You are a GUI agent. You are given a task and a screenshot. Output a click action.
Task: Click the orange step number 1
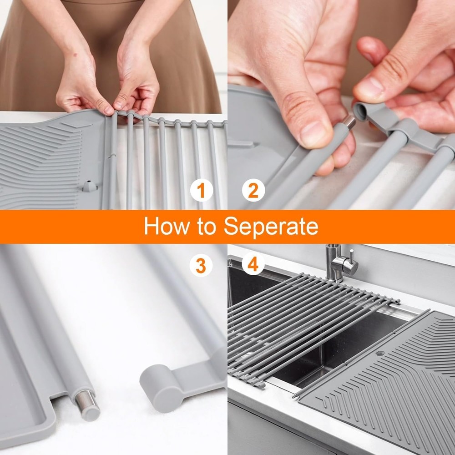click(x=202, y=191)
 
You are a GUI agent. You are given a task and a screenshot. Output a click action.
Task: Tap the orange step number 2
click(x=253, y=191)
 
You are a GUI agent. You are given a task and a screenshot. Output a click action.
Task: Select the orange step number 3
click(x=201, y=266)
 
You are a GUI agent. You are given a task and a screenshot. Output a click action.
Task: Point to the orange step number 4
click(x=253, y=264)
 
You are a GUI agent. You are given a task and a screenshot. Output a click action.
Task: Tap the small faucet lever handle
click(x=352, y=255)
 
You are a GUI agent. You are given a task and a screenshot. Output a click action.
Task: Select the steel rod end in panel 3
click(x=87, y=405)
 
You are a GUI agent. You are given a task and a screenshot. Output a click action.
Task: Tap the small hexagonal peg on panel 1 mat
click(x=89, y=186)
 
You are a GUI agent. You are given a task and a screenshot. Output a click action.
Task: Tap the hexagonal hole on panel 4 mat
click(x=380, y=353)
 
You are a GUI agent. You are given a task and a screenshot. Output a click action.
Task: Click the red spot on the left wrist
click(x=76, y=54)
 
